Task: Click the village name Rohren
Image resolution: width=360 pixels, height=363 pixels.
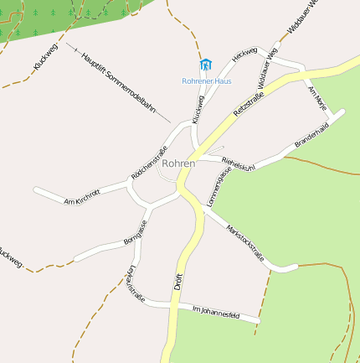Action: pos(178,163)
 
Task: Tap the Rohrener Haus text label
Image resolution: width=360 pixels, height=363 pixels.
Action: pos(207,81)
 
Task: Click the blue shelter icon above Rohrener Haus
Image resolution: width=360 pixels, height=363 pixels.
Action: pos(206,65)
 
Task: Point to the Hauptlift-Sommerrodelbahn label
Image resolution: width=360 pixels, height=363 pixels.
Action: pos(118,81)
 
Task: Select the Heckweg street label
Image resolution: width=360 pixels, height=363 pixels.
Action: pos(244,54)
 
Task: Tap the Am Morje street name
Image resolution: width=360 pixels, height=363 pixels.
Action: pos(317,97)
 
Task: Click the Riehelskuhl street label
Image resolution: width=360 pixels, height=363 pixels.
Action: pos(239,163)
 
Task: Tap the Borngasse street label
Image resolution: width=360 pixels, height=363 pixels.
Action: pos(135,231)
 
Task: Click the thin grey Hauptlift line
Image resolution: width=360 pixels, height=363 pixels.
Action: pos(159,113)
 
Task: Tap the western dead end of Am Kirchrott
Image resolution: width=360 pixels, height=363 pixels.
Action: pos(36,189)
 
